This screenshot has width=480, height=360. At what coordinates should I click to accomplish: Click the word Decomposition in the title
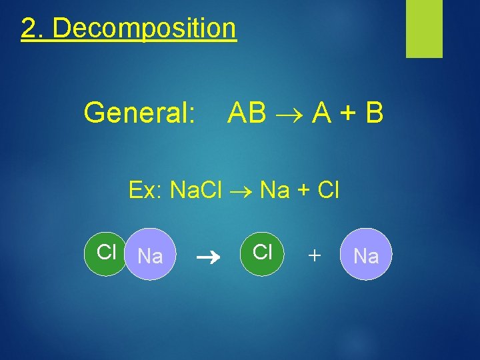pos(144,29)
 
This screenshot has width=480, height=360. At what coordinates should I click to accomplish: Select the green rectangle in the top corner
pos(424,29)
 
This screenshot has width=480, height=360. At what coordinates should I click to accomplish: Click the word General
pos(139,114)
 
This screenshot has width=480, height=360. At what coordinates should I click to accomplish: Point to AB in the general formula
pos(247,114)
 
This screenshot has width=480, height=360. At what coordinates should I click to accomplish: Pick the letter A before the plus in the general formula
pos(317,114)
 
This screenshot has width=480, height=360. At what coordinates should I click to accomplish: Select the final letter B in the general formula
pos(375,114)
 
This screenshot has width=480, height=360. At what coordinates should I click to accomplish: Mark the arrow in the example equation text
pos(245,192)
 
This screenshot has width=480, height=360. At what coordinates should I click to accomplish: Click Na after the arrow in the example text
pos(275,191)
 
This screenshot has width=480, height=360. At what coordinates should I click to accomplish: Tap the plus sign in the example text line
pos(303,191)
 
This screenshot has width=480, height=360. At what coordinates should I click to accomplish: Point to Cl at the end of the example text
pos(329,191)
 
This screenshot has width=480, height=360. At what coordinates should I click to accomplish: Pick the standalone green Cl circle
pos(263,253)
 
